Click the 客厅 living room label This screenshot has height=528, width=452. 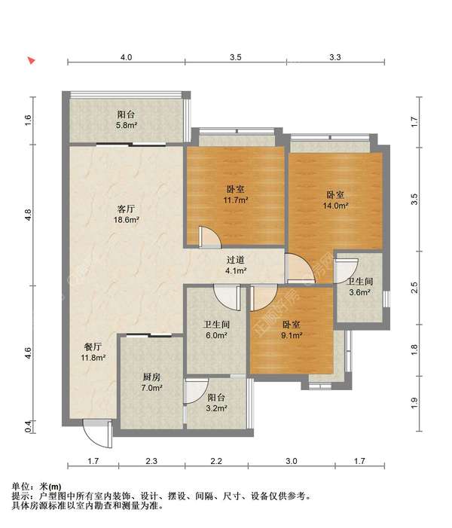126,209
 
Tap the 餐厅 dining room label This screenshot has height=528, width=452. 93,346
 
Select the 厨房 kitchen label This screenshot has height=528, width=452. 151,377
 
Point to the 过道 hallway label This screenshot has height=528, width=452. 236,260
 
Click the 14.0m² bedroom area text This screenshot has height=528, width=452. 335,206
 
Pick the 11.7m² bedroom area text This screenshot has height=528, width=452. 236,200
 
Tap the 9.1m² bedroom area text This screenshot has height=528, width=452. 292,335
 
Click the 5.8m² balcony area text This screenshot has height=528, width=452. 127,125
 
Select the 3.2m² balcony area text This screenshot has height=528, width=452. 216,408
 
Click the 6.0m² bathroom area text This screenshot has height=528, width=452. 216,335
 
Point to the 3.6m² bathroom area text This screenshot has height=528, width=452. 360,292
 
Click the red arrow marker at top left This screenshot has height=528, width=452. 32,60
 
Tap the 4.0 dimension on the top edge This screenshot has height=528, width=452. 127,57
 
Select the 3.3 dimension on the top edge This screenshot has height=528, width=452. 335,57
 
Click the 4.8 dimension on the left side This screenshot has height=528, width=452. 29,215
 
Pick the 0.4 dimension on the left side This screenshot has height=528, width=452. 29,426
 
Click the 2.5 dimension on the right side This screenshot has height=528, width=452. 414,288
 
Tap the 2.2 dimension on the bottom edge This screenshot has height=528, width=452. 216,460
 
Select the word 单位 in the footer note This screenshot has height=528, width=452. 20,487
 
